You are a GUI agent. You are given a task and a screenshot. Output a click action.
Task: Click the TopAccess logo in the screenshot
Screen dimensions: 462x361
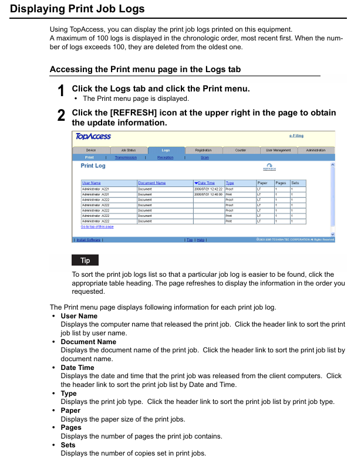click(x=93, y=137)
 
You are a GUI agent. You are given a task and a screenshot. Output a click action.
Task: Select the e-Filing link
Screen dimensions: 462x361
click(x=296, y=136)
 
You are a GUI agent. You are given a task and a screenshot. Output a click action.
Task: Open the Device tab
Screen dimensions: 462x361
click(x=91, y=151)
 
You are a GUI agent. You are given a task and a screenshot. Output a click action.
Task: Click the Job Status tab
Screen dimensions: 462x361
click(x=127, y=151)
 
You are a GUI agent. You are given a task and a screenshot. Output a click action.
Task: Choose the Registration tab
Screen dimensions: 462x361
click(x=203, y=151)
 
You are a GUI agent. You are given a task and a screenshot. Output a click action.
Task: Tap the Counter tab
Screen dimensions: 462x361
click(x=240, y=151)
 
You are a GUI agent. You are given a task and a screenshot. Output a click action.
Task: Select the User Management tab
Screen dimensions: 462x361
click(x=278, y=151)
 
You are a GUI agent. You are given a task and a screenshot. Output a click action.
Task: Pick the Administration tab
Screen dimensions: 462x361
click(x=316, y=151)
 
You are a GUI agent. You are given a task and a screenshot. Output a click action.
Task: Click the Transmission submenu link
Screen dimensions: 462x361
click(x=126, y=158)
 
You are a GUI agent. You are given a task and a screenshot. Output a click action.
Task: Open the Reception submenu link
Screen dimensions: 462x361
click(x=166, y=158)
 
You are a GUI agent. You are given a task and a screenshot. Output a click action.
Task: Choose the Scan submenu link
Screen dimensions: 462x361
click(x=204, y=158)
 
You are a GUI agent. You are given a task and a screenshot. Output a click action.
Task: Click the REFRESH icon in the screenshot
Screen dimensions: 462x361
click(x=269, y=168)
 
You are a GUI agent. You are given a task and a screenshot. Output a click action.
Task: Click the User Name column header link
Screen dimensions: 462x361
click(x=91, y=183)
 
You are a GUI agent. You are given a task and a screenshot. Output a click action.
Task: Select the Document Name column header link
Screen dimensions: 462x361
click(x=151, y=183)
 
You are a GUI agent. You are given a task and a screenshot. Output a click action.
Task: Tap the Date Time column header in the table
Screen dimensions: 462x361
click(x=205, y=183)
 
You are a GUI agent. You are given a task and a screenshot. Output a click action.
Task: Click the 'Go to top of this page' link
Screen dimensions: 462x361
click(x=97, y=226)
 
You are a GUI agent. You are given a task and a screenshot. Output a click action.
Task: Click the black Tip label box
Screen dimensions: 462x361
click(x=85, y=260)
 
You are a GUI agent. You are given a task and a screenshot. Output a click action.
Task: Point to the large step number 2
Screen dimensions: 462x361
click(x=61, y=116)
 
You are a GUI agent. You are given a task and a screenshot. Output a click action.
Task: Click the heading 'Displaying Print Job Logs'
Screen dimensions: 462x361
click(x=77, y=9)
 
